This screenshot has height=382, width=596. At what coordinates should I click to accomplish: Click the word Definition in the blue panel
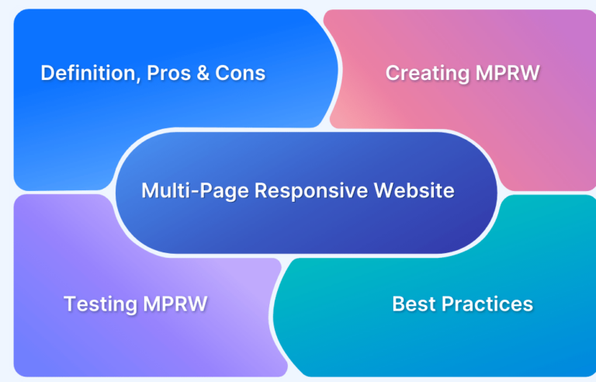tap(88, 73)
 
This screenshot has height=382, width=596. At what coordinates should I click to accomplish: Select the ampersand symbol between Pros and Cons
tap(203, 73)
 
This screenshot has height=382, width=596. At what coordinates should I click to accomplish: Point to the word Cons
tap(241, 73)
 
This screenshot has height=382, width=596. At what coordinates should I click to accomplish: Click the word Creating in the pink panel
tap(428, 74)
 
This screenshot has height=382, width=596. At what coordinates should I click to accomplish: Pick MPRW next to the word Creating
tap(508, 73)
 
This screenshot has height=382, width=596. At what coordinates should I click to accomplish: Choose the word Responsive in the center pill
tap(311, 191)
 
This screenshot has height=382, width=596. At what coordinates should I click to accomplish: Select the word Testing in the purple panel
tap(100, 305)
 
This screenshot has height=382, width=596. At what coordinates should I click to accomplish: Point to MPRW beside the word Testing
tap(175, 304)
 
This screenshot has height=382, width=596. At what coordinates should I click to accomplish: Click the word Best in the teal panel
tap(414, 304)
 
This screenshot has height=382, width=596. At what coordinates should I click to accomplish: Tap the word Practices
tap(487, 304)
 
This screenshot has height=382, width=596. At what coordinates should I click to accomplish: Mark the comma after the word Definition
tap(138, 79)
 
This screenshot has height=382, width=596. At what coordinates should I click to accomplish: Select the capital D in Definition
tap(47, 73)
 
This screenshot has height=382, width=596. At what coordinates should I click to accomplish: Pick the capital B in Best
tap(398, 304)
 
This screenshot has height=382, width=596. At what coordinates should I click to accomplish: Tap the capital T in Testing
tap(71, 304)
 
